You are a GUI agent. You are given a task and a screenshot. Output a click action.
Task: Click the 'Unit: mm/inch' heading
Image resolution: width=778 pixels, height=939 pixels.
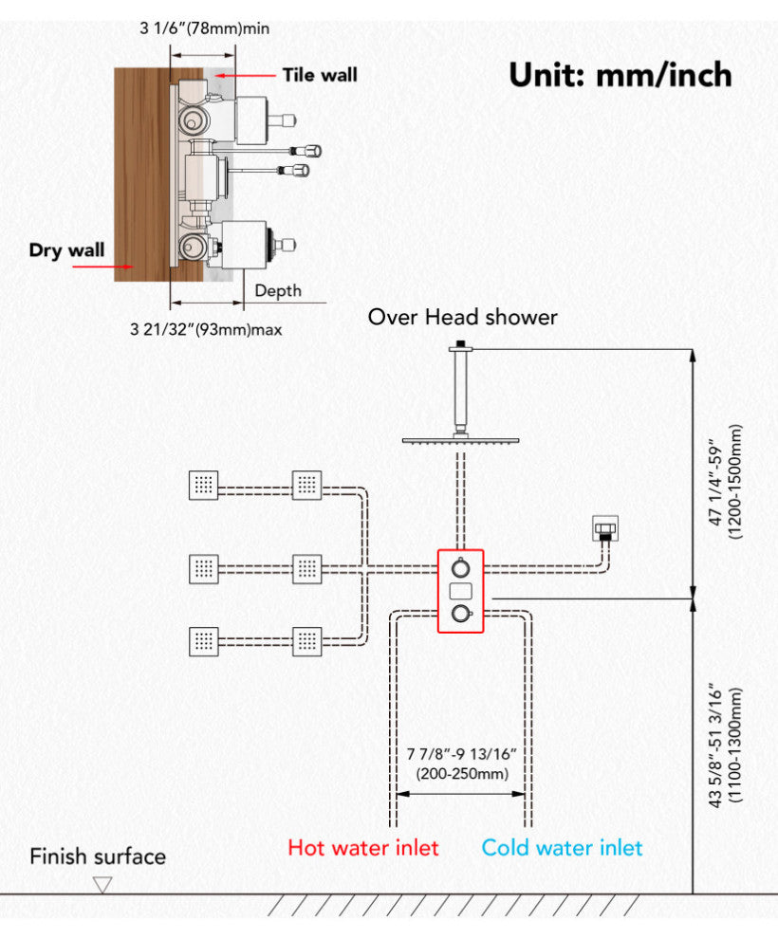620,74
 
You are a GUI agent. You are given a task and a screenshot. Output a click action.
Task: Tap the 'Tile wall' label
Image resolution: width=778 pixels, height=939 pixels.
320,74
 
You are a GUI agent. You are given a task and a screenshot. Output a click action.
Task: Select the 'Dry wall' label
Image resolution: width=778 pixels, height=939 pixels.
66,250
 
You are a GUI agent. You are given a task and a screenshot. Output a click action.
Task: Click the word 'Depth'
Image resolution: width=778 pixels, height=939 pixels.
278,291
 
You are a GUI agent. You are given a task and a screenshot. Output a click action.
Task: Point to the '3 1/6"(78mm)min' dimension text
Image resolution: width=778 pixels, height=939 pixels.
204,28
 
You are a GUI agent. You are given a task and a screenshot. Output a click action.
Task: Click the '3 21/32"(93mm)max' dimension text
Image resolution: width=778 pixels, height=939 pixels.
206,330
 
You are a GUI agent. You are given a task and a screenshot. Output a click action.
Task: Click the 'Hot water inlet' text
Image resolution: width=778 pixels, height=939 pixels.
363,847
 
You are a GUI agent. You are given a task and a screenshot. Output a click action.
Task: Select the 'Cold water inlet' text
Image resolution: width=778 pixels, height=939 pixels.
562,847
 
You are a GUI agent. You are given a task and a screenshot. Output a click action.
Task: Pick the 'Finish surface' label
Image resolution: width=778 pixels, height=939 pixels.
98,856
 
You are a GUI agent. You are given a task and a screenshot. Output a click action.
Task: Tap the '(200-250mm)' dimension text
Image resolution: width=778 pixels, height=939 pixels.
460,773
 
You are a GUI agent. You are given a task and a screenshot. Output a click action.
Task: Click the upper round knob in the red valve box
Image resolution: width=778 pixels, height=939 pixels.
460,568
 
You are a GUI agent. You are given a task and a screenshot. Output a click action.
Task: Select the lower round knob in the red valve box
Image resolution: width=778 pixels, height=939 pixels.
460,614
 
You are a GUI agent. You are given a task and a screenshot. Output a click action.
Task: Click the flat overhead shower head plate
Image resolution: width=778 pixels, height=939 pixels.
462,440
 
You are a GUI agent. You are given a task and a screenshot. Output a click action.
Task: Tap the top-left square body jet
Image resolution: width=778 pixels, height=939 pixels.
204,486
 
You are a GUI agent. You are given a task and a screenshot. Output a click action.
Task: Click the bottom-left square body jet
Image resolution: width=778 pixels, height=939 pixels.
204,641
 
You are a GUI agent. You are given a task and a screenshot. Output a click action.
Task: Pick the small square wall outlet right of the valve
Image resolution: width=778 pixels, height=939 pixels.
604,526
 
